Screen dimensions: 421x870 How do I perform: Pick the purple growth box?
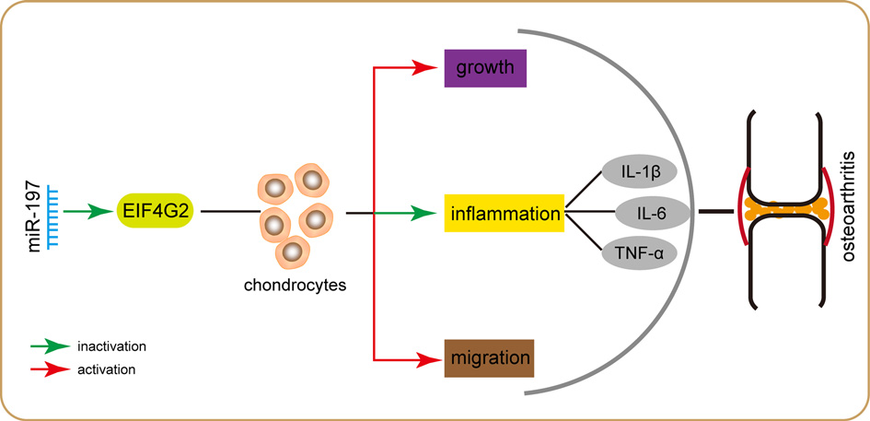pos(485,68)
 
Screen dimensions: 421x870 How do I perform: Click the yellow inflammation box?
pos(505,213)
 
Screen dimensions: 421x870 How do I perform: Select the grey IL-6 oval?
pos(651,213)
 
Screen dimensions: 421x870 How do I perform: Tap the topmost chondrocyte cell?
pos(309,180)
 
